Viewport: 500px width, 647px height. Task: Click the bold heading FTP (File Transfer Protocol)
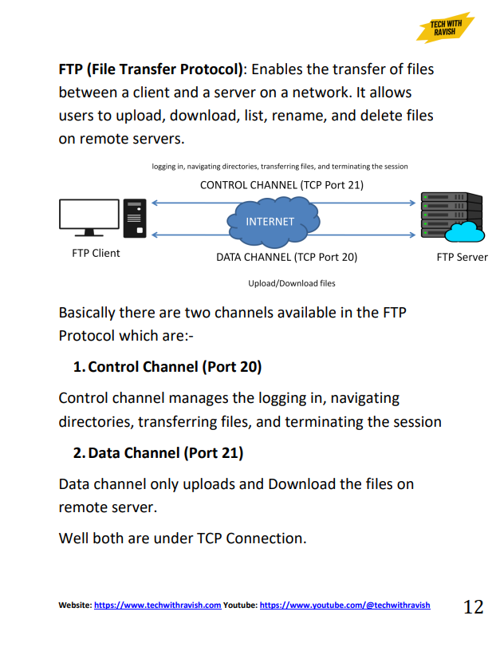(x=151, y=69)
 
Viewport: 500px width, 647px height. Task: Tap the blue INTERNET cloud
(x=270, y=221)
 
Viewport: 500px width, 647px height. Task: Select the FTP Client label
(x=96, y=254)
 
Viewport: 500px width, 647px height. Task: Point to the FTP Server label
(x=462, y=257)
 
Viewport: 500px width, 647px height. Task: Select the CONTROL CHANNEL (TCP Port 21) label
(x=281, y=185)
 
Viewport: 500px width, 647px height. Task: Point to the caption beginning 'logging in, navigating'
(x=279, y=167)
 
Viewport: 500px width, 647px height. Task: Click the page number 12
(x=473, y=607)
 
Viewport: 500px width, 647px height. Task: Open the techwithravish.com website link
(x=157, y=606)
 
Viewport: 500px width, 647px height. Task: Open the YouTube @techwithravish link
(x=344, y=606)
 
